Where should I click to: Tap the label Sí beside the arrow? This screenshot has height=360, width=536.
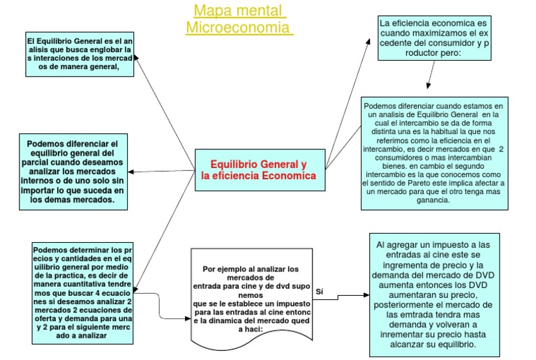pyautogui.click(x=320, y=292)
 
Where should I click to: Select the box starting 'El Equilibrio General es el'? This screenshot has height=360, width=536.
pyautogui.click(x=79, y=54)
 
